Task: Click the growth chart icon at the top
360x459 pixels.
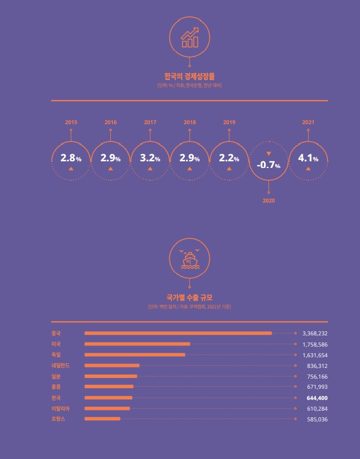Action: pyautogui.click(x=190, y=37)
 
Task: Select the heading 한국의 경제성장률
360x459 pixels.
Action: pyautogui.click(x=190, y=77)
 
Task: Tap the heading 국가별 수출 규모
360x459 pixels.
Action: pyautogui.click(x=190, y=298)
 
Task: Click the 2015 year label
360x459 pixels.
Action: pyautogui.click(x=71, y=122)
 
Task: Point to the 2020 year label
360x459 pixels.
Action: pyautogui.click(x=268, y=201)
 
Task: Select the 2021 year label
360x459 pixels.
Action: pyautogui.click(x=308, y=122)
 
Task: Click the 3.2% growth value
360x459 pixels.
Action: pyautogui.click(x=150, y=158)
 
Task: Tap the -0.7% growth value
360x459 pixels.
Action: pyautogui.click(x=268, y=165)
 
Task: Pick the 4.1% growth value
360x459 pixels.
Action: pyautogui.click(x=308, y=158)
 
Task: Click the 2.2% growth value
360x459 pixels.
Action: pyautogui.click(x=229, y=158)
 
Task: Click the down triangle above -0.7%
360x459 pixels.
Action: pyautogui.click(x=268, y=154)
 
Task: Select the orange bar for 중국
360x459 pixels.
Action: pyautogui.click(x=178, y=333)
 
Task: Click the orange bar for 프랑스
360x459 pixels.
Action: pyautogui.click(x=102, y=419)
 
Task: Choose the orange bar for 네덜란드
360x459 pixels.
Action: pyautogui.click(x=112, y=365)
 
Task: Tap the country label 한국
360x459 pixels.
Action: pyautogui.click(x=56, y=397)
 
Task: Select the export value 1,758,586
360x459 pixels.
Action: pyautogui.click(x=315, y=345)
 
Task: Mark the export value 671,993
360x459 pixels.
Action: pyautogui.click(x=317, y=387)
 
